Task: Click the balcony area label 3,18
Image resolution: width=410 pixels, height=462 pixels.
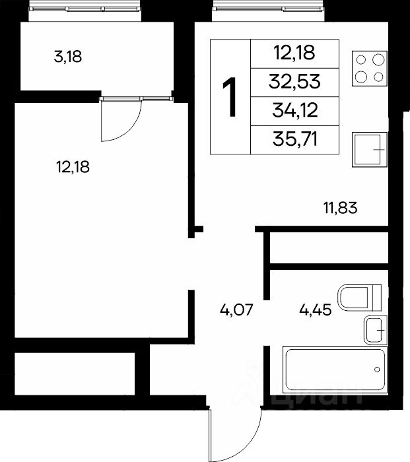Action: click(x=68, y=57)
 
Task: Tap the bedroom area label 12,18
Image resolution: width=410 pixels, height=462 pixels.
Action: click(x=73, y=167)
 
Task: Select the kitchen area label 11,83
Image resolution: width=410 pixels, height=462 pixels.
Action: click(x=341, y=208)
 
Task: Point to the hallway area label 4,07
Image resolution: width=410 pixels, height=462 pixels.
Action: click(x=236, y=310)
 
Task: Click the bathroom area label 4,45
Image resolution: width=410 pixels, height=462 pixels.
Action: click(x=316, y=310)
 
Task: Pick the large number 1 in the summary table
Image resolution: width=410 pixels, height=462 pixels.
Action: click(x=230, y=96)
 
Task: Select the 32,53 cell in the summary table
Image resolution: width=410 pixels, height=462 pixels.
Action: click(x=294, y=82)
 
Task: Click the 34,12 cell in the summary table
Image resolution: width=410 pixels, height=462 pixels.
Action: click(x=295, y=110)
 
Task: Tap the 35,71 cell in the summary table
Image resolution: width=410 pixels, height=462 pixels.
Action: click(x=295, y=139)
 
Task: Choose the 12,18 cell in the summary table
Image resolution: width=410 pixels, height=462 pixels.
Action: click(x=294, y=53)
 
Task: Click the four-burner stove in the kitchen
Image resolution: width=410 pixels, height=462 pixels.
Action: click(x=370, y=69)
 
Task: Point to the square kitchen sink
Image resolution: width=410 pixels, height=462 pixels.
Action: click(x=370, y=149)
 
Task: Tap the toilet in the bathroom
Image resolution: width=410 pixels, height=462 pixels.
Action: click(x=359, y=298)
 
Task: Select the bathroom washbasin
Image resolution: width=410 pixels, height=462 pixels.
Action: click(x=376, y=330)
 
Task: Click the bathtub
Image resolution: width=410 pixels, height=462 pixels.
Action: click(x=335, y=370)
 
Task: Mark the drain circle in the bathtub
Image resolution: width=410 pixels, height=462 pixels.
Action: click(x=377, y=370)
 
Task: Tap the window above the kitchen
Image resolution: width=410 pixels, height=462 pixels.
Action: click(x=268, y=9)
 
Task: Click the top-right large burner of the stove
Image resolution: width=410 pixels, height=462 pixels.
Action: click(x=378, y=60)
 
